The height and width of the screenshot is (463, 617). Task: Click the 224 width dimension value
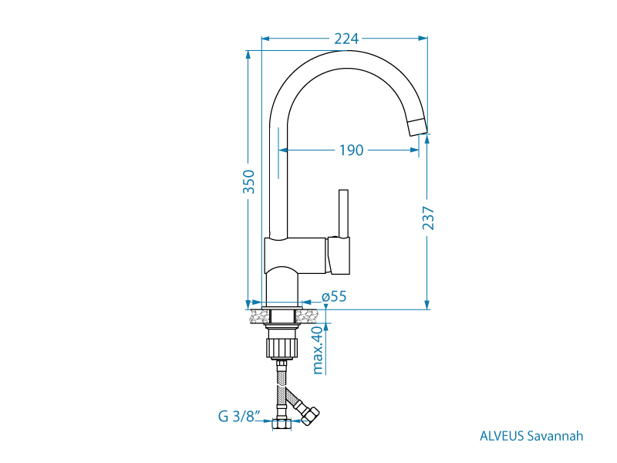coord(346,39)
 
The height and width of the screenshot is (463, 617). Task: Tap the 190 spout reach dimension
coord(352,150)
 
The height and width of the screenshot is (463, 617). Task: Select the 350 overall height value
coord(248,181)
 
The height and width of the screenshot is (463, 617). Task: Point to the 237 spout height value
coord(428,218)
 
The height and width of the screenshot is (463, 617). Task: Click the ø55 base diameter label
coord(334,296)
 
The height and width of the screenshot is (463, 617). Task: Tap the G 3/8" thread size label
coord(239,416)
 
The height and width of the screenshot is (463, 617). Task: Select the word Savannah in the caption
coord(555,436)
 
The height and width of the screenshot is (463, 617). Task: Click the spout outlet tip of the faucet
coord(417,127)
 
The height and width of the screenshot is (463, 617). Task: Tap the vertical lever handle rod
coord(343,214)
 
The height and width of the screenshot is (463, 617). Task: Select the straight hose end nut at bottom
coord(282,424)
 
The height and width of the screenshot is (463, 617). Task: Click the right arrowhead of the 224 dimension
coord(423,39)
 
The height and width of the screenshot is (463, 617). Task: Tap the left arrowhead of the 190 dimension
coord(283,150)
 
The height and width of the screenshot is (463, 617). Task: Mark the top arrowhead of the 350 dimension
coord(248,56)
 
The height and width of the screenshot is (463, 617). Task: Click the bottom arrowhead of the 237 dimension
coord(427,304)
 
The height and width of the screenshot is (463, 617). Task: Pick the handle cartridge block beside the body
coord(338,255)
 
